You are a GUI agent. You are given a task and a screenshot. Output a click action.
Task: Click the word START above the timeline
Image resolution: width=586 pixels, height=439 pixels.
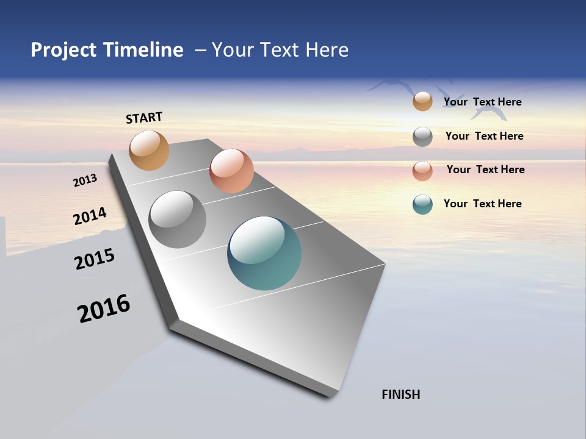144,118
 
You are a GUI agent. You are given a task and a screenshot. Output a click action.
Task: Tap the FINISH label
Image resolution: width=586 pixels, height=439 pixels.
400,394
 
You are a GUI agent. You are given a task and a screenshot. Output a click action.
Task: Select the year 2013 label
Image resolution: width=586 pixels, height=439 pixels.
85,180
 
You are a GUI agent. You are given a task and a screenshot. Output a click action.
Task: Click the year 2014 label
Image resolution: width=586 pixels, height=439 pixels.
90,216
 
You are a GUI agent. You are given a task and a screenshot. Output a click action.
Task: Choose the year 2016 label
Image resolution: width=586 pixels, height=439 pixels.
104,309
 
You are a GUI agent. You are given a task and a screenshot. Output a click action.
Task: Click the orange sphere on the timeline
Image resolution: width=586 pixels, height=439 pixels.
149,150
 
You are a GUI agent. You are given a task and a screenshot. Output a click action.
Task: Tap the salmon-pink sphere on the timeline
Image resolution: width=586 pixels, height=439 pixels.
231,171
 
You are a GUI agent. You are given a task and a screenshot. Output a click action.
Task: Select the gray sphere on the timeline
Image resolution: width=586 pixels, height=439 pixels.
178,220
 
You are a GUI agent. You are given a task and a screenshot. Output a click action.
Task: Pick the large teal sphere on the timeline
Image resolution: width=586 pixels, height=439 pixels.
264,253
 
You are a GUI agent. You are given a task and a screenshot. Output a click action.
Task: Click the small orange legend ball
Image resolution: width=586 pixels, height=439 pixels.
422,101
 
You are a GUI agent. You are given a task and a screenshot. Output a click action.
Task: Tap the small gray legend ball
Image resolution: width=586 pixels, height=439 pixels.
422,137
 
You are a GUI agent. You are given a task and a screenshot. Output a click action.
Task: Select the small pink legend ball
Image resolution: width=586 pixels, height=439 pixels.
422,171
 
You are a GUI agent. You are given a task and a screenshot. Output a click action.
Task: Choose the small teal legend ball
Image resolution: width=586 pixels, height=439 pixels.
422,204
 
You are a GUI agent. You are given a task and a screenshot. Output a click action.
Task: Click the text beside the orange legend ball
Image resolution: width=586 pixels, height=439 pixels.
482,102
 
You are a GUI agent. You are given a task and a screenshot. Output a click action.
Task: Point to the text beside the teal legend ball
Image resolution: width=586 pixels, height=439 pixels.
482,204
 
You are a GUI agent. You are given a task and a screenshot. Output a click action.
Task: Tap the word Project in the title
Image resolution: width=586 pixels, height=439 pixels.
63,50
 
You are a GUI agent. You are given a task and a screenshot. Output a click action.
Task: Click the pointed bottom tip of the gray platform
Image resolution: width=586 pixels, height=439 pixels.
330,396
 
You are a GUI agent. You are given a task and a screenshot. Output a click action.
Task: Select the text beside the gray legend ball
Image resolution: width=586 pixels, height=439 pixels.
484,136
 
